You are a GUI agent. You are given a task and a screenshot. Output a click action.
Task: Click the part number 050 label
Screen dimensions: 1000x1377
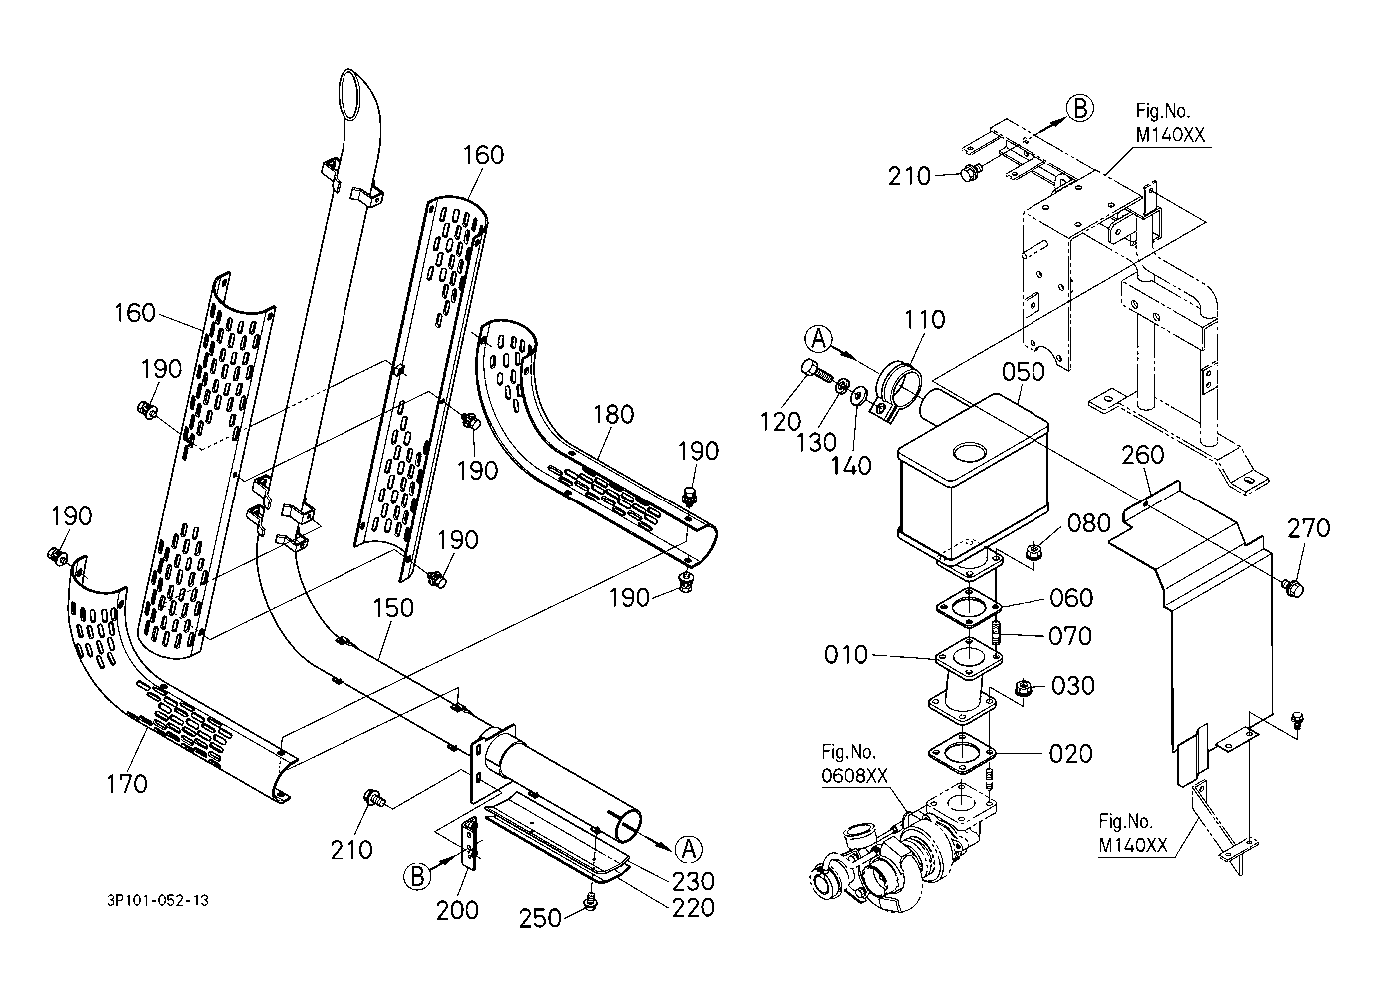pos(1024,371)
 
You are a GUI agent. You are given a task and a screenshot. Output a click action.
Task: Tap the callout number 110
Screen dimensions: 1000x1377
pos(924,320)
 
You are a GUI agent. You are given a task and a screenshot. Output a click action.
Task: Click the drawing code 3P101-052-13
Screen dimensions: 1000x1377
pos(158,900)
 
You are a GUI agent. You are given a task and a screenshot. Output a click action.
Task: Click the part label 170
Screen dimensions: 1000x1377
pos(128,784)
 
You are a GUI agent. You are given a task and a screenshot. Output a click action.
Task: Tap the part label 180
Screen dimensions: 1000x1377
pos(612,413)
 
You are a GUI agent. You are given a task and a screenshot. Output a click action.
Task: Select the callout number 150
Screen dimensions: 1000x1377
pos(393,608)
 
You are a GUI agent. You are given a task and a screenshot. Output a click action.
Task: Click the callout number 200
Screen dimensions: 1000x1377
pos(457,910)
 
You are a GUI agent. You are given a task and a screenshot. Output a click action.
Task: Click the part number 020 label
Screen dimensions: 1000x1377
pos(1071,753)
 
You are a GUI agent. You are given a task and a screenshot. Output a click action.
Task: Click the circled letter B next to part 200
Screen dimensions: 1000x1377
pos(418,876)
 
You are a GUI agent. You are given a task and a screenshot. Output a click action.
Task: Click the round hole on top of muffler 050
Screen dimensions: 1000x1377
pos(967,453)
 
